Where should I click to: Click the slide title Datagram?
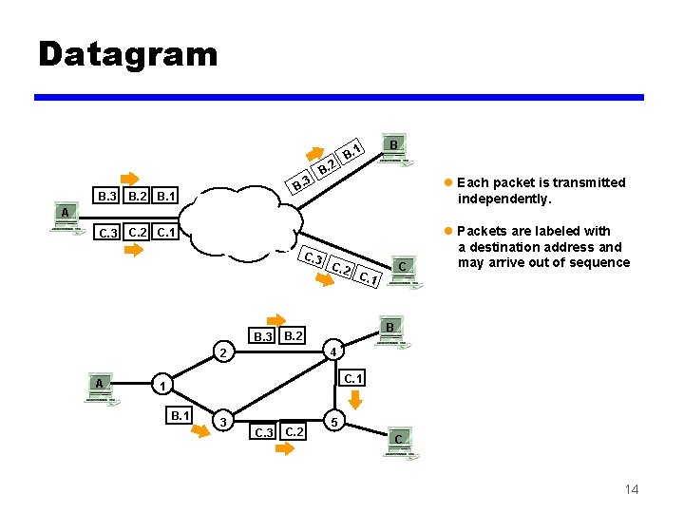pyautogui.click(x=127, y=53)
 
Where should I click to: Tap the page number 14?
pyautogui.click(x=631, y=488)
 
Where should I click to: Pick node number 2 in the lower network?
pyautogui.click(x=220, y=353)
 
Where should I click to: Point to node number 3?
pyautogui.click(x=222, y=422)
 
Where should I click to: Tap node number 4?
pyautogui.click(x=332, y=352)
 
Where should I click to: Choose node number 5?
pyautogui.click(x=331, y=420)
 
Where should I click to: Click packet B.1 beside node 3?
pyautogui.click(x=179, y=414)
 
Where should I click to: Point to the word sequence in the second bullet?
pyautogui.click(x=594, y=262)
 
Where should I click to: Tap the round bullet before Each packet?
pyautogui.click(x=448, y=182)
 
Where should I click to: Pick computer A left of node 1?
pyautogui.click(x=99, y=388)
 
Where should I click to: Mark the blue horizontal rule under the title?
pyautogui.click(x=339, y=97)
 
